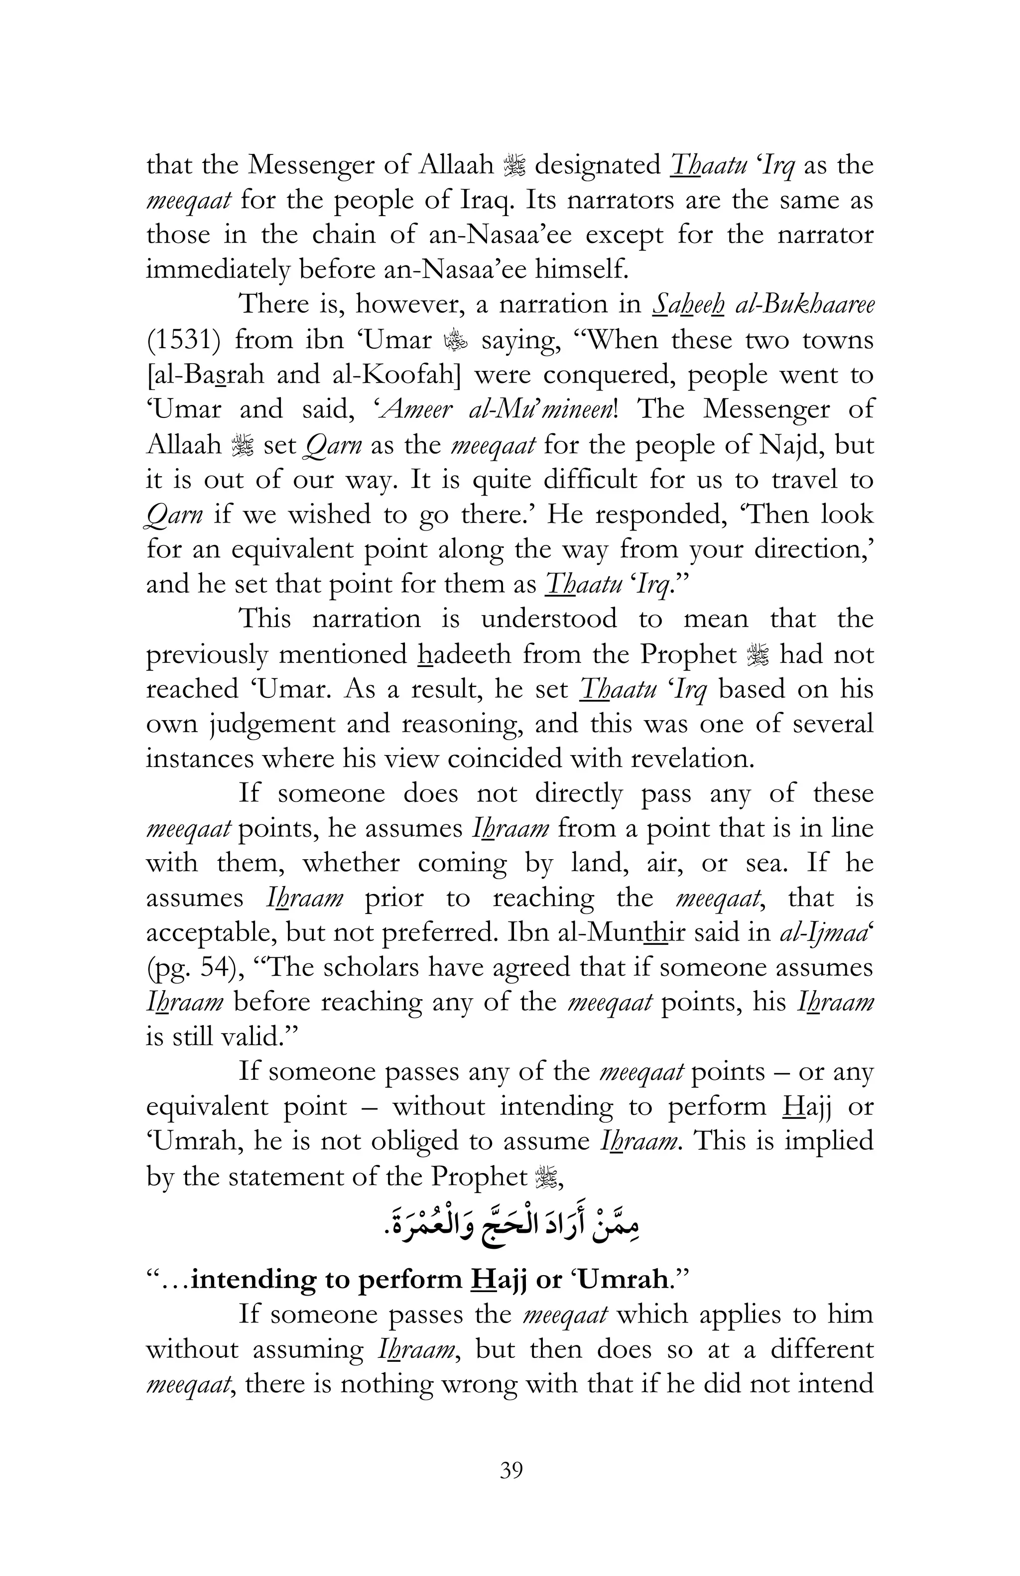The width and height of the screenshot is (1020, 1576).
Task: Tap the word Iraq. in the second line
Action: (x=487, y=200)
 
